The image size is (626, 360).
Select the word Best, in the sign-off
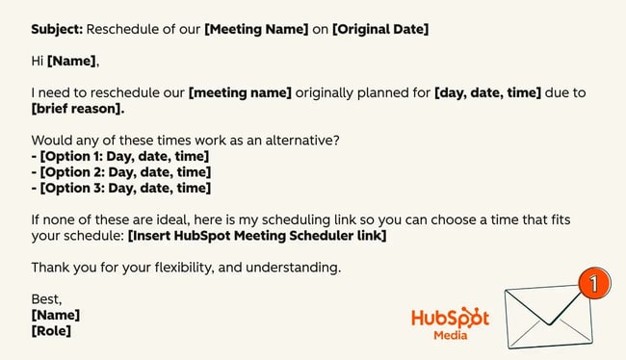(x=47, y=298)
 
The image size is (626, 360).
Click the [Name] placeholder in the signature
(x=56, y=315)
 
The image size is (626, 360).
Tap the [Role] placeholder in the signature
(x=51, y=330)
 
